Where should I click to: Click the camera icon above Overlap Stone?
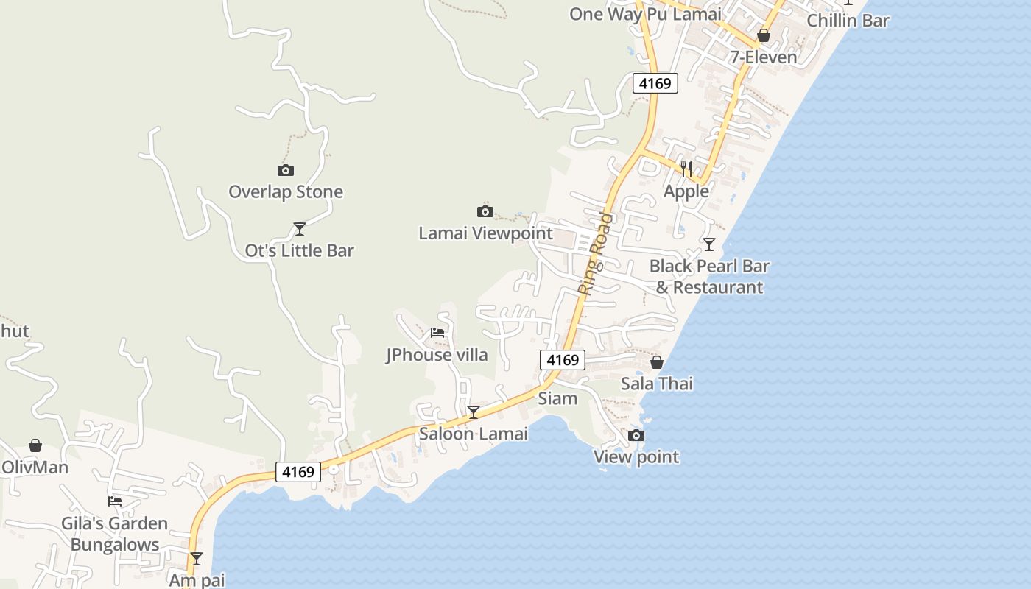286,171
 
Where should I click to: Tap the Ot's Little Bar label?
300,251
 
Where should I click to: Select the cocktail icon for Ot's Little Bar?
300,229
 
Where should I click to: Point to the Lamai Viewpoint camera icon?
485,212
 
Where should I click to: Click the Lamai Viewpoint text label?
485,233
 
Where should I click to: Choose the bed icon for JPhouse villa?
437,333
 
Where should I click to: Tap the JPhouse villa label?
437,355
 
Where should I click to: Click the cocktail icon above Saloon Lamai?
474,412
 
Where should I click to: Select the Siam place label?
557,398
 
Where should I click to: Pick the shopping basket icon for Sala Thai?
657,362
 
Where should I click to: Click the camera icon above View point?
636,436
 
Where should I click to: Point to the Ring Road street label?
595,254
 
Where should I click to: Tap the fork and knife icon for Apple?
686,170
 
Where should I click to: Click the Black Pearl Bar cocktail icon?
709,244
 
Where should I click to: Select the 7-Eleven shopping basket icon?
764,35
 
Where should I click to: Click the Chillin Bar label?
848,21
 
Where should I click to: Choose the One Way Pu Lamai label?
645,14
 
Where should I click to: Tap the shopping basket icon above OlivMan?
35,445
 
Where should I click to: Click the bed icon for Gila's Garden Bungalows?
115,501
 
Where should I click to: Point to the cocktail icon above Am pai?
197,559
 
